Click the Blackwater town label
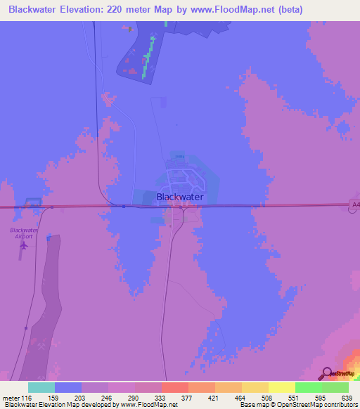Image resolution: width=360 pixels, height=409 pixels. (x=180, y=197)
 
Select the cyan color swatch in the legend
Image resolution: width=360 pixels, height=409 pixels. (x=41, y=387)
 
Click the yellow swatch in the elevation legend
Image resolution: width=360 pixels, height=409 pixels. (x=281, y=387)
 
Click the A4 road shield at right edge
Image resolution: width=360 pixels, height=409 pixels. (x=354, y=205)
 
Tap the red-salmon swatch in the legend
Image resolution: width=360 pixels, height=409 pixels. (x=174, y=387)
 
